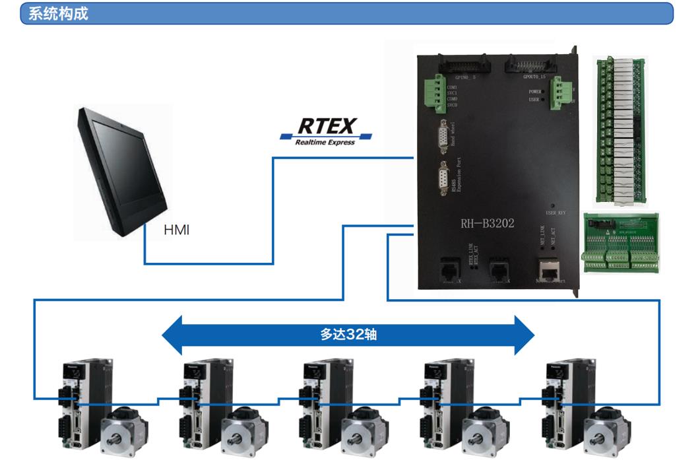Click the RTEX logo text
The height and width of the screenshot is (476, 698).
click(327, 125)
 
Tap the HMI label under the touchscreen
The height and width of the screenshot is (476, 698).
click(176, 231)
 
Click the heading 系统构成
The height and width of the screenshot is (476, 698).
click(58, 13)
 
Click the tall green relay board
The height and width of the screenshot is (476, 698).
click(619, 129)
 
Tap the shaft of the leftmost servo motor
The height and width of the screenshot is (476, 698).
click(123, 436)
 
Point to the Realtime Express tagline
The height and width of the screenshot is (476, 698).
click(325, 142)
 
